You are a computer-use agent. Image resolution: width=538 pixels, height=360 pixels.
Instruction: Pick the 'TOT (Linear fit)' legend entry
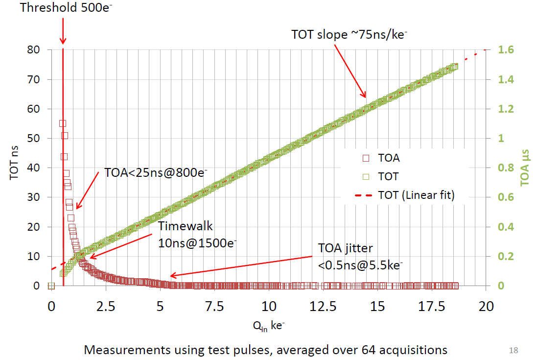pos(416,195)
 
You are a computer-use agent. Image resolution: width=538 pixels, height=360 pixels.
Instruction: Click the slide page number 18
pos(514,350)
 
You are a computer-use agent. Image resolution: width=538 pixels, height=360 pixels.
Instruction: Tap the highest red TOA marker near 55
pos(62,123)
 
